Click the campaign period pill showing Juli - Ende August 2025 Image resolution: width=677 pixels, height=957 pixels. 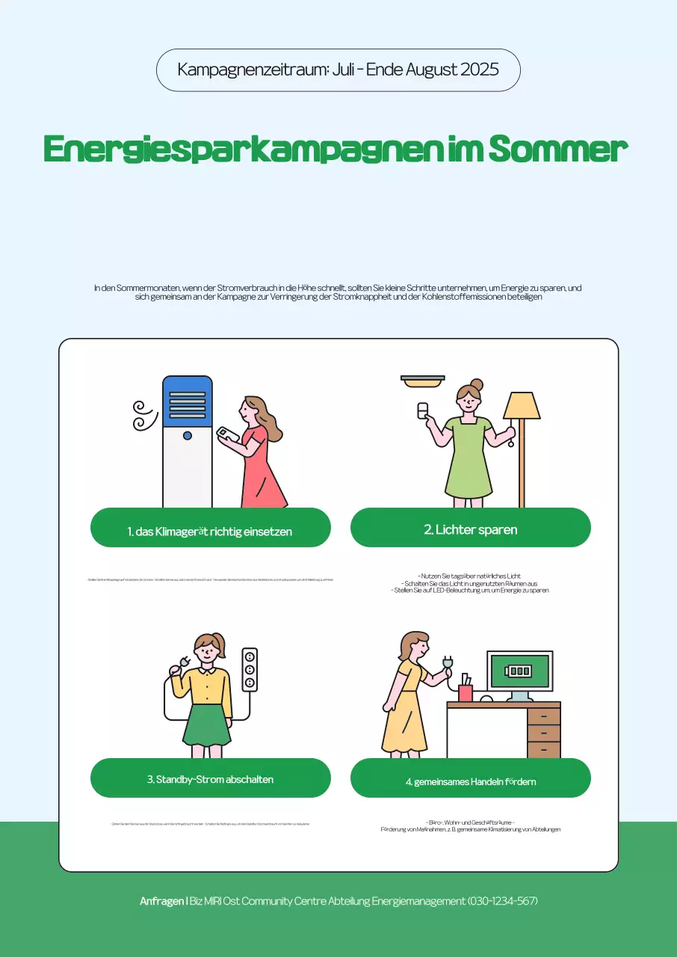point(338,70)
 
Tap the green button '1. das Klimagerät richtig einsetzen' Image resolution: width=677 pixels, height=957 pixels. point(210,532)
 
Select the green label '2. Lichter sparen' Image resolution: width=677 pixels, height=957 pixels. point(470,529)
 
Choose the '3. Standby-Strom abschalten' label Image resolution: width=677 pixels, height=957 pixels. point(210,779)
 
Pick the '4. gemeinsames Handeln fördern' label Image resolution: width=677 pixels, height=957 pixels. point(470,781)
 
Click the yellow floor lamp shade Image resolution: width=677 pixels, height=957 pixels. point(522,406)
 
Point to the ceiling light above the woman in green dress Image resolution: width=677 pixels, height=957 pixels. point(423,381)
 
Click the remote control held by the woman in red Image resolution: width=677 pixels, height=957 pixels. point(226,434)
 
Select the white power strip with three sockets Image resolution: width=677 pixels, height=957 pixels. point(250,670)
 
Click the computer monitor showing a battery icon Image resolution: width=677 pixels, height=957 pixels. point(520,671)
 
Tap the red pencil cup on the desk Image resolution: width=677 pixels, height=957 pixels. point(466,692)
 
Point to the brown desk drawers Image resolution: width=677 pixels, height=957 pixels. point(543,733)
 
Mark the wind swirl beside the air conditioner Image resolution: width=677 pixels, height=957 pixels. point(142,415)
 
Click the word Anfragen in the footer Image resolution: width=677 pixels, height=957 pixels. point(161,901)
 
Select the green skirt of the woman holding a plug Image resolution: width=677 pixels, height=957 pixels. point(207,725)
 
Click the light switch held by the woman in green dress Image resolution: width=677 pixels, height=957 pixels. point(423,410)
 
